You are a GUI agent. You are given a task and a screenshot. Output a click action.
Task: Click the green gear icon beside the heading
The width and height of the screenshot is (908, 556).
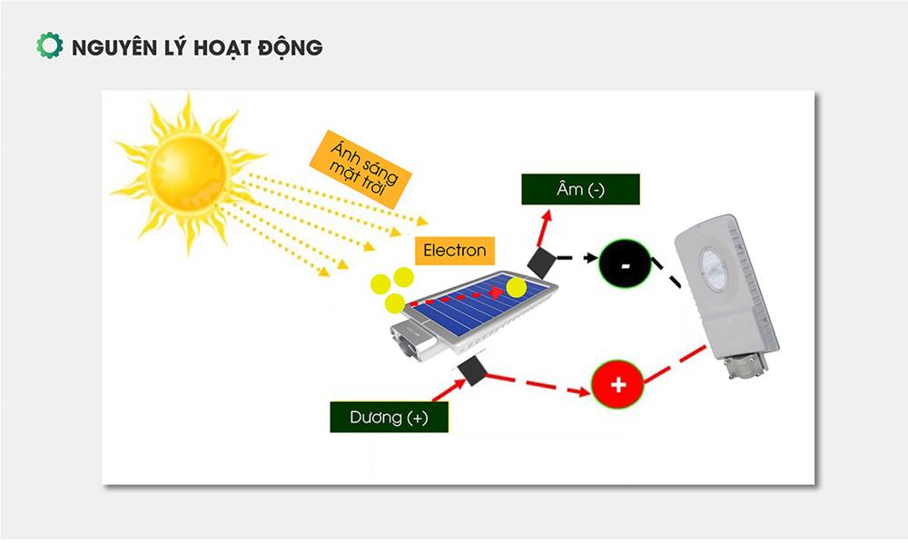click(49, 46)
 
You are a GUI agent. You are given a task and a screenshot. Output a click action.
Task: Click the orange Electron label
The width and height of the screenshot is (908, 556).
click(454, 250)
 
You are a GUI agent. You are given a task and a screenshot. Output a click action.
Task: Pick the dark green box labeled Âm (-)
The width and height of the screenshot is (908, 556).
click(580, 190)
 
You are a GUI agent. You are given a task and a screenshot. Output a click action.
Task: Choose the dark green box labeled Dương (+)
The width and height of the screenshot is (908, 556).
click(389, 418)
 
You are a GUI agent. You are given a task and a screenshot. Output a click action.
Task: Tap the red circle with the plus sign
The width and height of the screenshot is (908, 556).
click(617, 384)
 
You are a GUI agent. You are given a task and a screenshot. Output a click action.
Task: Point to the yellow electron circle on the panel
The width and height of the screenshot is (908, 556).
click(517, 288)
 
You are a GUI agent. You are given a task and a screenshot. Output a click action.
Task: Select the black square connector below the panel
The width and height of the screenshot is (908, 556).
click(474, 371)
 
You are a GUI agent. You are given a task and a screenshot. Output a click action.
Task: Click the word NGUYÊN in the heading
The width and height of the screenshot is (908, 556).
click(110, 47)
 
